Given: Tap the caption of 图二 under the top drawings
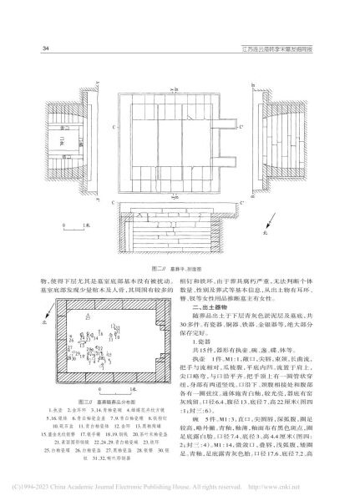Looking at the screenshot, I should (180, 268).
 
